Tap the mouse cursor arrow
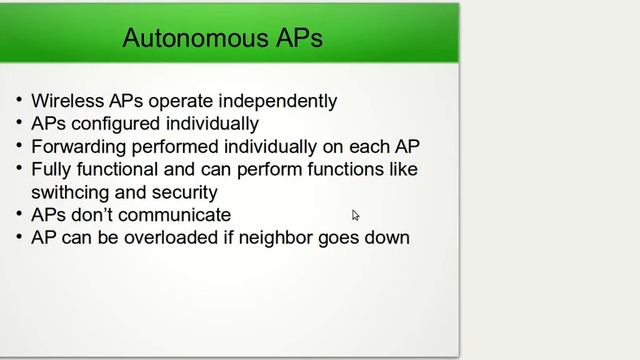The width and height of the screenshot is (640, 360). pos(355,215)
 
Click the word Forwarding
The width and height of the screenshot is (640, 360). pos(77,147)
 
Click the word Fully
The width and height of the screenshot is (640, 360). pos(51,169)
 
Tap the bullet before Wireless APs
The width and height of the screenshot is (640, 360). pos(19,101)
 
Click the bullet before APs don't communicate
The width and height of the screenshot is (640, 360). pos(19,215)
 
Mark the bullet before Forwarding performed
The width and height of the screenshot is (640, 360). pos(19,147)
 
